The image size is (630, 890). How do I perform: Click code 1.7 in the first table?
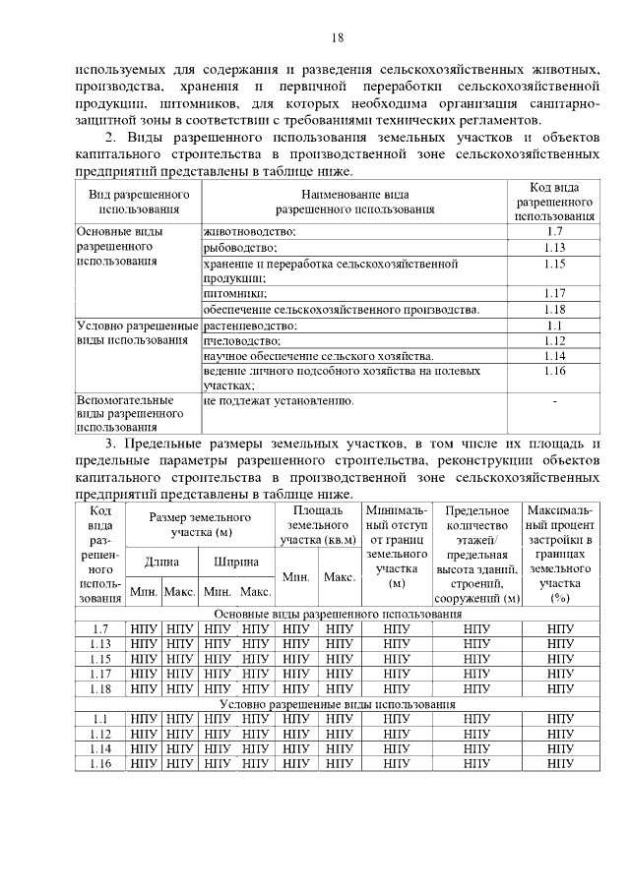coord(554,231)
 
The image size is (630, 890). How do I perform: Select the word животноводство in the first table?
coord(250,231)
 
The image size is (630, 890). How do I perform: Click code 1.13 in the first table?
coord(554,248)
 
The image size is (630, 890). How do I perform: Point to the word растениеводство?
coord(251,325)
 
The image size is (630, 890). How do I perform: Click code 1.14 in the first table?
coord(554,355)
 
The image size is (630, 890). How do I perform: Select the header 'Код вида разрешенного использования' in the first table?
coord(554,201)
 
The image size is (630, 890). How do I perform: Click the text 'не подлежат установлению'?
coord(279,401)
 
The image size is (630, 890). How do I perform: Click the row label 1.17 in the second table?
coord(99,674)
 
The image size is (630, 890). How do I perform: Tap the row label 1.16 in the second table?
coord(99,764)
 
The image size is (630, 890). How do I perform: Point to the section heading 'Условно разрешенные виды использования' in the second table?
coord(337,705)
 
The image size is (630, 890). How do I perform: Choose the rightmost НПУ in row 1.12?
coord(560,735)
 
